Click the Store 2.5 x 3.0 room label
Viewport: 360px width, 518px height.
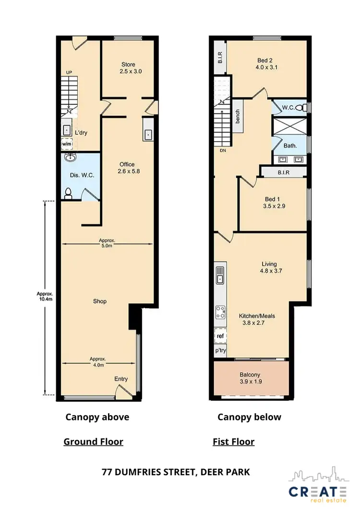[127, 68]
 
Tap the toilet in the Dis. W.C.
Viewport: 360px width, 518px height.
[68, 193]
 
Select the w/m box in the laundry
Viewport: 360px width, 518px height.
[66, 144]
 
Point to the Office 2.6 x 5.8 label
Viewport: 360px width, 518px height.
[127, 168]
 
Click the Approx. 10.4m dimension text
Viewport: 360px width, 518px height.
[45, 297]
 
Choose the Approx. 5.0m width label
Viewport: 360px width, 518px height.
[107, 243]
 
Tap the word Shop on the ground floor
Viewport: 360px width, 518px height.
[100, 301]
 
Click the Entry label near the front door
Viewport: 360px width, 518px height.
[121, 379]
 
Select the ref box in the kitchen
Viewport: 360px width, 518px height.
[220, 336]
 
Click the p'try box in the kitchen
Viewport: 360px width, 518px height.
[220, 350]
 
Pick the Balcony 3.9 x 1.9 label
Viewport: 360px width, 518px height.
[251, 378]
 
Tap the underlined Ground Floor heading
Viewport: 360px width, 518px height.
[93, 442]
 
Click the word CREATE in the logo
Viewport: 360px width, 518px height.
[317, 492]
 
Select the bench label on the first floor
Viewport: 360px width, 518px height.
[238, 117]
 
